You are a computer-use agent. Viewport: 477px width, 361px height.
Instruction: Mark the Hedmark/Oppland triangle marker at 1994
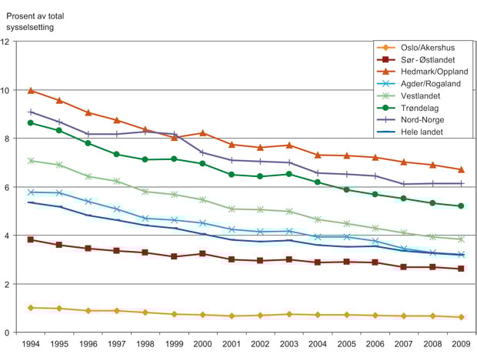(30, 90)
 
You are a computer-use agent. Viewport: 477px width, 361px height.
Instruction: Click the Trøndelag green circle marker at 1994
(30, 122)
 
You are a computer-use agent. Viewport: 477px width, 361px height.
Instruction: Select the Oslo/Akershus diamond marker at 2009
(460, 317)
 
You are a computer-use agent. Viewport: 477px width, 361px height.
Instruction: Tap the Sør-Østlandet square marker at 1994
(30, 239)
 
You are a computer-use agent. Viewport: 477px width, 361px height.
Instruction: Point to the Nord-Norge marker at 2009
(460, 183)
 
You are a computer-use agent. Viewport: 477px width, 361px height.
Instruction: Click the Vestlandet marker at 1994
(30, 161)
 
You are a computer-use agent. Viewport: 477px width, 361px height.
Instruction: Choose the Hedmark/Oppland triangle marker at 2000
(202, 133)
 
